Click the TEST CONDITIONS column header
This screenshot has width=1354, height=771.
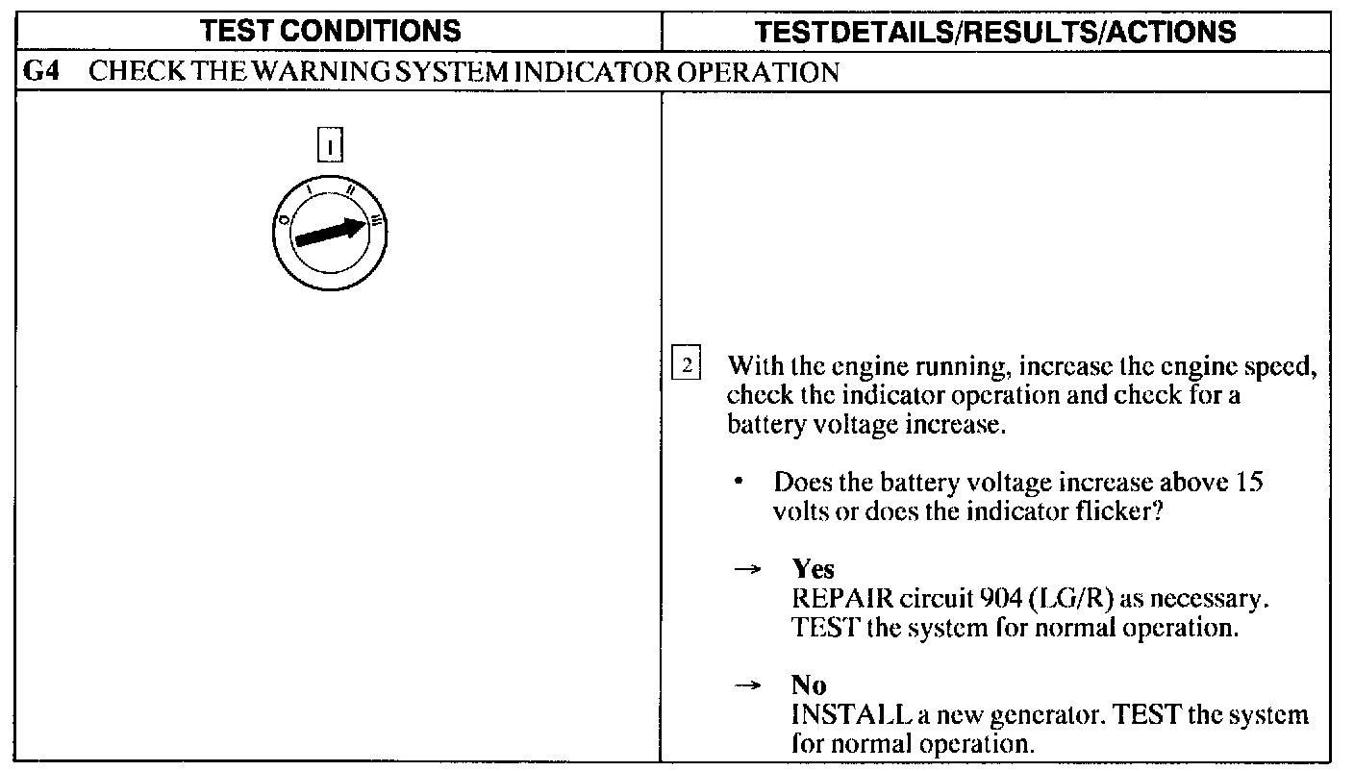tap(331, 31)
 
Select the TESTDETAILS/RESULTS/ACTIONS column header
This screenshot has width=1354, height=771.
tap(995, 32)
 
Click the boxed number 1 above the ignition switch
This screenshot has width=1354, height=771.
tap(330, 146)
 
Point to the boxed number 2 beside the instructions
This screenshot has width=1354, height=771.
tap(687, 366)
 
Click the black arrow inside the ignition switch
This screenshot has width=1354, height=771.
tap(332, 232)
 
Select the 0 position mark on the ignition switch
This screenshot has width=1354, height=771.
tap(285, 219)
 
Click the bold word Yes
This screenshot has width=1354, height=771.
tap(814, 569)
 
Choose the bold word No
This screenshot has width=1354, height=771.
tap(809, 685)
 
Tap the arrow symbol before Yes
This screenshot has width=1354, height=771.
tap(746, 569)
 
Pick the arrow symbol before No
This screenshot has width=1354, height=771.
tap(746, 685)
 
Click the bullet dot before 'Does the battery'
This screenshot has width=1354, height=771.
tap(740, 481)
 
